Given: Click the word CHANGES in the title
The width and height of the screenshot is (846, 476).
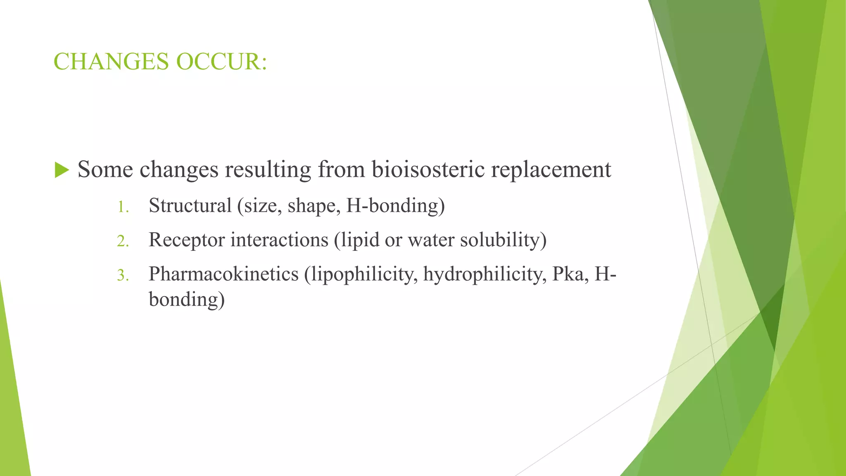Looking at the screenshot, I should pos(111,62).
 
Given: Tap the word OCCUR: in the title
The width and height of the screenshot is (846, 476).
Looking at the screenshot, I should pos(222,62).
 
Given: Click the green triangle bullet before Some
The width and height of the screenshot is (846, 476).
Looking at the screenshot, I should pos(62,170).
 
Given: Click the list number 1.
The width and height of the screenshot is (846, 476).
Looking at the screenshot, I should pos(123,207).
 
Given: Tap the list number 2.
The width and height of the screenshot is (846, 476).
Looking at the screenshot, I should pos(123,241).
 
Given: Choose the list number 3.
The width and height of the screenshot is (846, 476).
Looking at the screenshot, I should pos(123,275).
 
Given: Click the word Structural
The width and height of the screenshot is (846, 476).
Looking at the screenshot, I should pos(190,205).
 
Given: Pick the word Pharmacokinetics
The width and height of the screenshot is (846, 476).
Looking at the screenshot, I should pos(223,274).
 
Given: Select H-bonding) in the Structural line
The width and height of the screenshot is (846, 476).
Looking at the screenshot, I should pos(395,206).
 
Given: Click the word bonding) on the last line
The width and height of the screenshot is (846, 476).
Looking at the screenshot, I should pos(187,300).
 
